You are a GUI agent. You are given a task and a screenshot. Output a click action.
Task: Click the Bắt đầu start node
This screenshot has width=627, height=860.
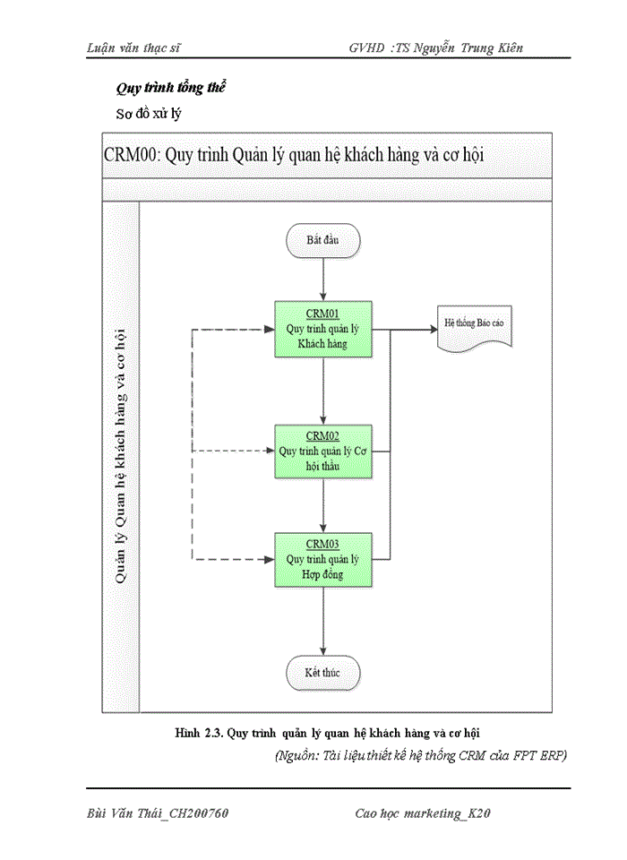[322, 241]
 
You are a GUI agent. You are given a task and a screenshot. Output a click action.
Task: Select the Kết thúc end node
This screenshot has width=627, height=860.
[322, 671]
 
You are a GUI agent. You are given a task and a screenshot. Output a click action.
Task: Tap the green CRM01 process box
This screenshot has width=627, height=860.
[322, 329]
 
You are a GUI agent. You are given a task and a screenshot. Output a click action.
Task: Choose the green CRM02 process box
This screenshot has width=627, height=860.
[322, 451]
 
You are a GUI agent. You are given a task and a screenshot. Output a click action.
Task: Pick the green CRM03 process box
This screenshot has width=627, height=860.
[322, 559]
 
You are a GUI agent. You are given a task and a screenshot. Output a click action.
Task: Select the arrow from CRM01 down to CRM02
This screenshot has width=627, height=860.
[322, 390]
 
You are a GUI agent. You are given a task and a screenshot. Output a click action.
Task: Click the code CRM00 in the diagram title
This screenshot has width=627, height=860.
[129, 153]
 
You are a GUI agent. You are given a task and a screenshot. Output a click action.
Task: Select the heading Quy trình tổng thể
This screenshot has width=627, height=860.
[170, 89]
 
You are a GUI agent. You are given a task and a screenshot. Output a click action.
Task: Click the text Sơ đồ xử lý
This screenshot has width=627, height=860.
[150, 115]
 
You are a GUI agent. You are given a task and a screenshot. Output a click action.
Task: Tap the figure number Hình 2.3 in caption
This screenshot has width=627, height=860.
[198, 734]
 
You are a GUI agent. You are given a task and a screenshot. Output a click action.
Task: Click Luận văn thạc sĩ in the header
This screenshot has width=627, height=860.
[134, 47]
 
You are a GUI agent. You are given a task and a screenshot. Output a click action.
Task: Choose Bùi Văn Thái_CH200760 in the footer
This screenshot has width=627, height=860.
[159, 813]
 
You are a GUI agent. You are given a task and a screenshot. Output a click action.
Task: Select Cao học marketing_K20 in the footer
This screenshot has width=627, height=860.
[424, 813]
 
